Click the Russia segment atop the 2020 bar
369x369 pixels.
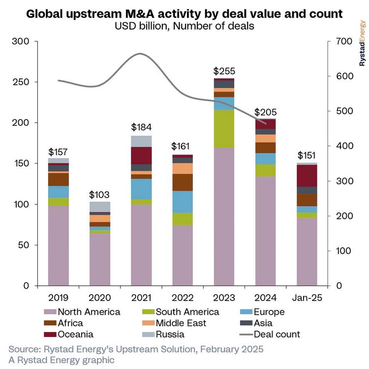point(100,206)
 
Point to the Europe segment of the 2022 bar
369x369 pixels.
point(183,202)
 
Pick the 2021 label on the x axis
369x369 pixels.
point(141,298)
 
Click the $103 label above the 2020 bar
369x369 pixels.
point(100,195)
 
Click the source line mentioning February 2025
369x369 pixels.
point(135,349)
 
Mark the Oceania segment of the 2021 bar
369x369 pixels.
point(141,155)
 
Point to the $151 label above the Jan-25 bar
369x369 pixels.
point(307,156)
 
